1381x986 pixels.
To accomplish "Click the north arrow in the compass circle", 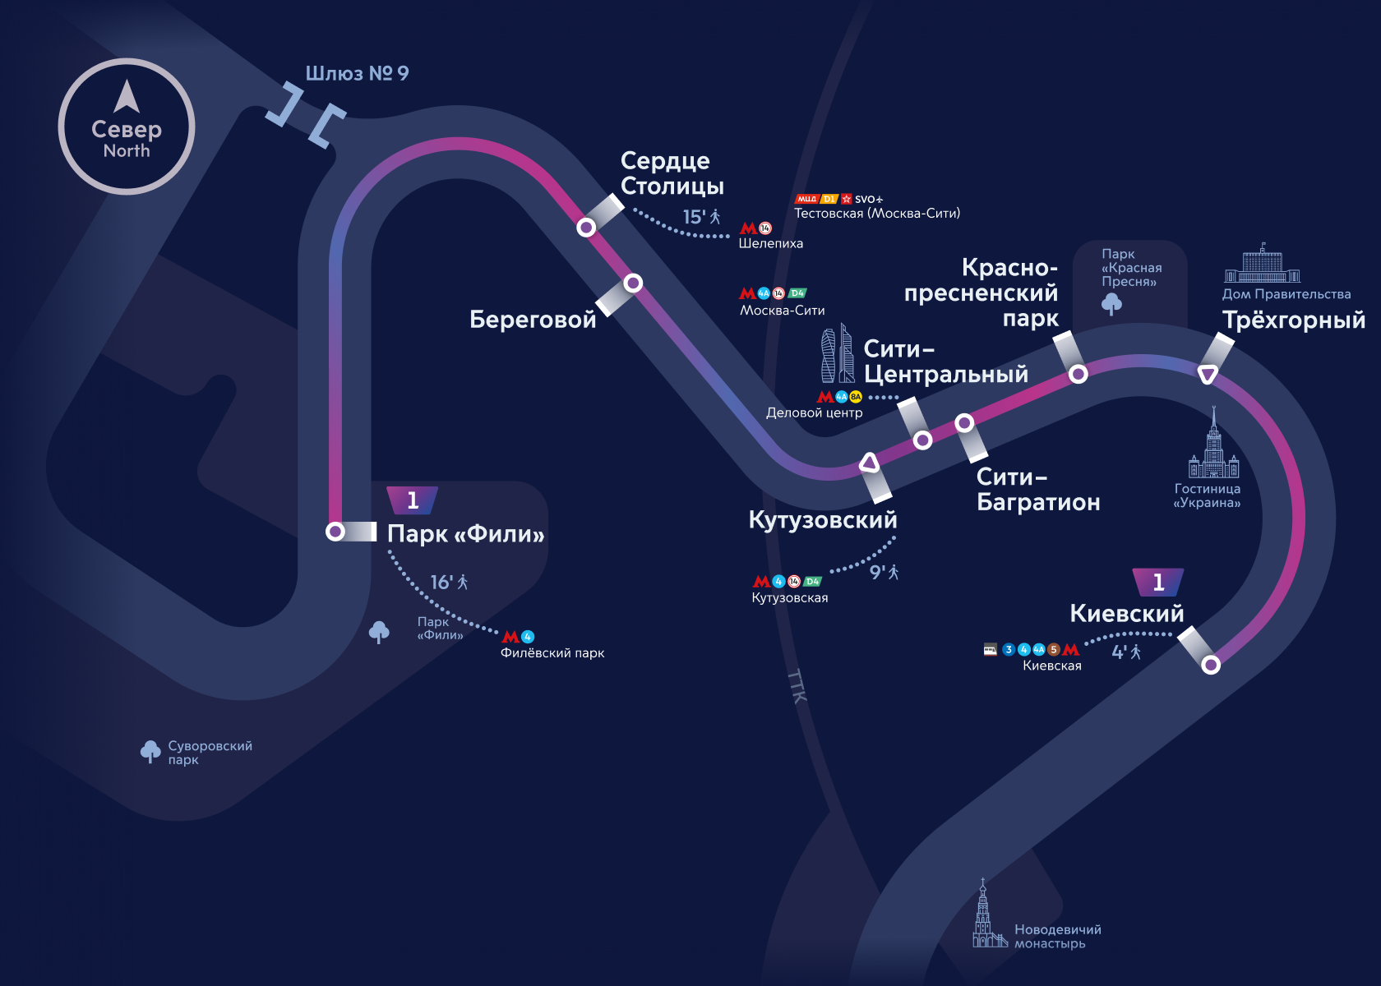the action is [127, 96].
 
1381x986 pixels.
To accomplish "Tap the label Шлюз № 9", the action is [357, 74].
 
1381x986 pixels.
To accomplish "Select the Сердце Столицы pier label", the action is [672, 173].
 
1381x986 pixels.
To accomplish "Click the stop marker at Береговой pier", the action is [633, 283].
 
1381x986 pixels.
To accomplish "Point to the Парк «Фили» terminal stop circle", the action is [335, 532].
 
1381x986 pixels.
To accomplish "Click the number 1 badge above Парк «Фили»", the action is [413, 500].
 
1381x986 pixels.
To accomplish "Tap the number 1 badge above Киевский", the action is [1158, 582].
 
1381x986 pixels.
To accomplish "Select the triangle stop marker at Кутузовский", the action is [870, 463].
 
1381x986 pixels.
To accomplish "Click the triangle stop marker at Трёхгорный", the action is [1208, 375].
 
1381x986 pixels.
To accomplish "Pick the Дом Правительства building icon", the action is [1262, 264].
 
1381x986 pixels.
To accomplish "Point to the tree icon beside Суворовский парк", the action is [150, 751].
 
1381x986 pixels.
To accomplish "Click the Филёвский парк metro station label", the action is [552, 653].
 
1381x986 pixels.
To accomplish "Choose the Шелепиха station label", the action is [770, 243].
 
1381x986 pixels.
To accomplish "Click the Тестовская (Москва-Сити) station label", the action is [876, 214].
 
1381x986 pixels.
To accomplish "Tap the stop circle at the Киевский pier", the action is [1211, 665].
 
